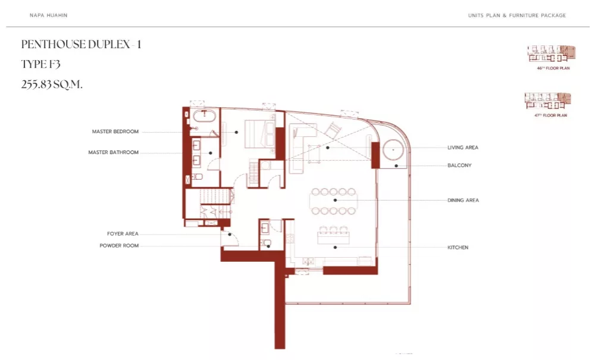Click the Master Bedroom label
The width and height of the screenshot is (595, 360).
point(115,132)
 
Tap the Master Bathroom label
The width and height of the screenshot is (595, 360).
point(114,152)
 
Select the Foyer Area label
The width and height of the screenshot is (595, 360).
point(123,234)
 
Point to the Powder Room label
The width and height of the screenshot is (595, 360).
point(119,246)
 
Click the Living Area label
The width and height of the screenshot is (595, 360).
point(463,148)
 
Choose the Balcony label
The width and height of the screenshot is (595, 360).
point(459,165)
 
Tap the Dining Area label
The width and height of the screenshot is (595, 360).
point(463,200)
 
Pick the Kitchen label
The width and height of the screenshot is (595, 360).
point(458,248)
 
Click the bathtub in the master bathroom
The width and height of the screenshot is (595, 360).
point(205,115)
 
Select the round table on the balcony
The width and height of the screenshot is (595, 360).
point(393,150)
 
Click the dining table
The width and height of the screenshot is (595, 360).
point(334,201)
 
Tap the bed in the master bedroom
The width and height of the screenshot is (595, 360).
point(259,133)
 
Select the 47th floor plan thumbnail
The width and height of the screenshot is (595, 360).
point(547,101)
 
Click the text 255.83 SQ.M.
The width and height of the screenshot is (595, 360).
point(52,84)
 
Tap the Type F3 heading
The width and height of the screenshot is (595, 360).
point(40,64)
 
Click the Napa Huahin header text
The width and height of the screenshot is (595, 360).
point(49,15)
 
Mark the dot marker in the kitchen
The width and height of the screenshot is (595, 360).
point(335,248)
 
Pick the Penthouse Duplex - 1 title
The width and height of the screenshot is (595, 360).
point(81,45)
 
